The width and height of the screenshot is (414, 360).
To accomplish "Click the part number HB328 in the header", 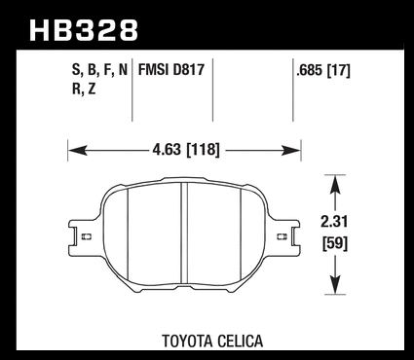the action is tap(84, 30).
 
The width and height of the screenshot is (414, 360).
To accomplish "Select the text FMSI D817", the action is tap(171, 70).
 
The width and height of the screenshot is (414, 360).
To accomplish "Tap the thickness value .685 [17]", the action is tap(323, 70).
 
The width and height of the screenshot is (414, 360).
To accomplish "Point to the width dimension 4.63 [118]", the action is tap(186, 150).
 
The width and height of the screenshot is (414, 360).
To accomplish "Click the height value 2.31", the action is tap(334, 222).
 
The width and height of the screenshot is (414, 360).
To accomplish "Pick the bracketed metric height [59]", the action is tap(335, 243).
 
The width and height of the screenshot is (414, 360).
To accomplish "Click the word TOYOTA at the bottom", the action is tap(187, 342).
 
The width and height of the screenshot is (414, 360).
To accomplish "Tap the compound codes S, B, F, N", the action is tap(99, 70).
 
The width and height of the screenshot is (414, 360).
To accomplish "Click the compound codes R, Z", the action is tap(84, 89).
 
